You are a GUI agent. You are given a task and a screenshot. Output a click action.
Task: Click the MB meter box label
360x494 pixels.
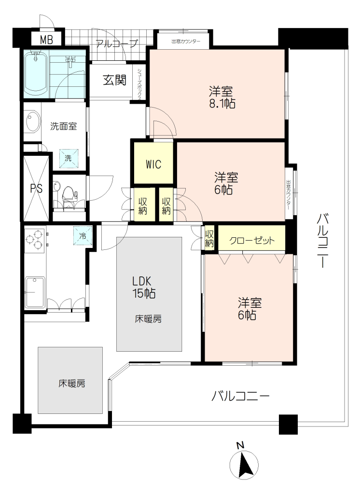coord(46,40)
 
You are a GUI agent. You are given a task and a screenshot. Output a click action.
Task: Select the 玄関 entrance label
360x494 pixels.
coord(114,81)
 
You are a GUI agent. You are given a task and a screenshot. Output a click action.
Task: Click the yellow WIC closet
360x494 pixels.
coord(153,163)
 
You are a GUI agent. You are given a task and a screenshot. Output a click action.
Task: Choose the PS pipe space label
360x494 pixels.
coord(36,189)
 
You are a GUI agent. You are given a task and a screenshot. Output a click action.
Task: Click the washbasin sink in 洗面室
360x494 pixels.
coord(33,122)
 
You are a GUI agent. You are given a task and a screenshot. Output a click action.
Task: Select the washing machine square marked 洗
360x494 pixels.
coord(69,158)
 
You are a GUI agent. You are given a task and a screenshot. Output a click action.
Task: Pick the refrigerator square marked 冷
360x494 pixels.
coord(83,235)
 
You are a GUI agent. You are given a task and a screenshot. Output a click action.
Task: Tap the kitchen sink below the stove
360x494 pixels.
coord(35,292)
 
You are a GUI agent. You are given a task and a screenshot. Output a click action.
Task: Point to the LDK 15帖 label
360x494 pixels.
coord(143,287)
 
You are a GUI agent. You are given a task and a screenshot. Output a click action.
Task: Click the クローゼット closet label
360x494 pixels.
coord(252,241)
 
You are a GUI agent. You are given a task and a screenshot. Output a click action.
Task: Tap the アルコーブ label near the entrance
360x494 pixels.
coord(117,43)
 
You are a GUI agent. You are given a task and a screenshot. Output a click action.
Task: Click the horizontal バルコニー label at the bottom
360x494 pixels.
coord(240,396)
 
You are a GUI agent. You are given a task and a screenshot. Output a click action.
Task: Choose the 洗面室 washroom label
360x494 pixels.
coord(63,126)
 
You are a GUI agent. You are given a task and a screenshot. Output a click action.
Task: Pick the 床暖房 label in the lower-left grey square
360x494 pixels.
coord(72,384)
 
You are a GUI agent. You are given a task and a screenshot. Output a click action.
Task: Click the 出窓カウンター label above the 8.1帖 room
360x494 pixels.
coord(186,41)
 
